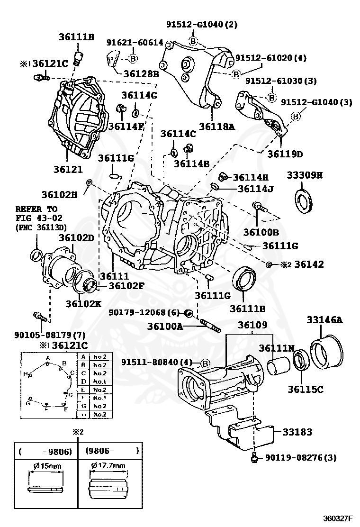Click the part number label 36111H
[x=77, y=36]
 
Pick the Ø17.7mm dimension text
[x=109, y=466]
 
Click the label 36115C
[x=305, y=389]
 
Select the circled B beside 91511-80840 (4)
[x=205, y=363]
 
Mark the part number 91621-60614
[x=135, y=43]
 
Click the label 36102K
[x=83, y=303]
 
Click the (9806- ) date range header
[x=112, y=451]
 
